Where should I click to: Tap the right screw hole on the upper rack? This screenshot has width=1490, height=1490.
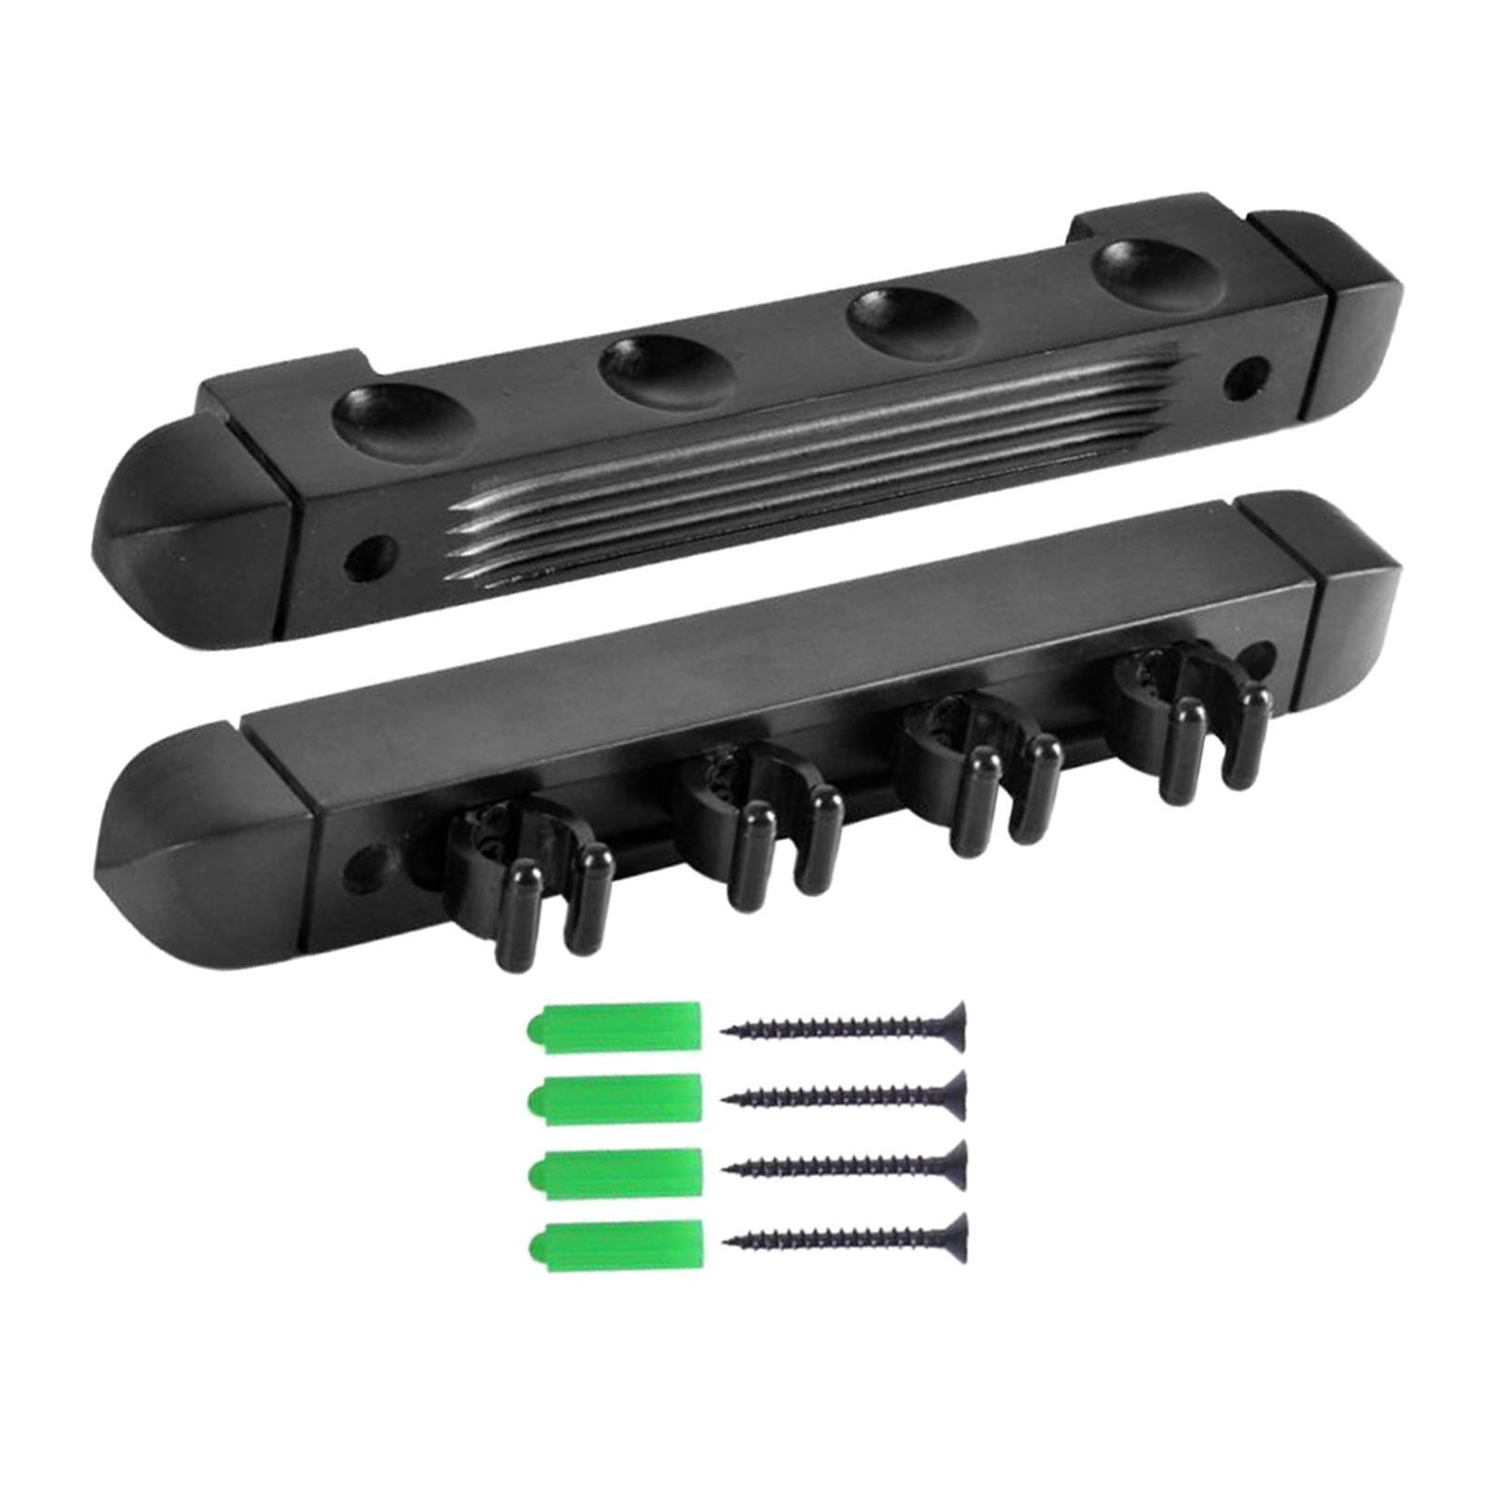(x=1243, y=375)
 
